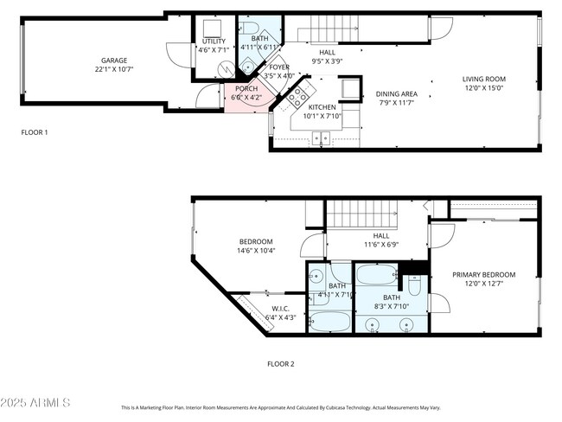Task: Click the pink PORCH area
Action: (x=246, y=93)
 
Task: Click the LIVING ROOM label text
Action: (x=483, y=79)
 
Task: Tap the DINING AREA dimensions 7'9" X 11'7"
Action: (x=397, y=103)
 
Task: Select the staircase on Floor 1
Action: (x=333, y=28)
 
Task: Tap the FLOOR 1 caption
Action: (x=35, y=132)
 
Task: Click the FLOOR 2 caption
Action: (x=280, y=364)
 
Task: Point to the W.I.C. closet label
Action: (x=280, y=309)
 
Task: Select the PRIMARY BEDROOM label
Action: (x=483, y=274)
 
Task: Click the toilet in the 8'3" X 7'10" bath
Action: (x=414, y=286)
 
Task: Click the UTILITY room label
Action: (x=214, y=41)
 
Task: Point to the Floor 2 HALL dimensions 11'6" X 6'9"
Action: (x=381, y=244)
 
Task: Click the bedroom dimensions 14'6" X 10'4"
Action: (x=257, y=251)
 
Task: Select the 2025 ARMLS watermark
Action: (x=36, y=404)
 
